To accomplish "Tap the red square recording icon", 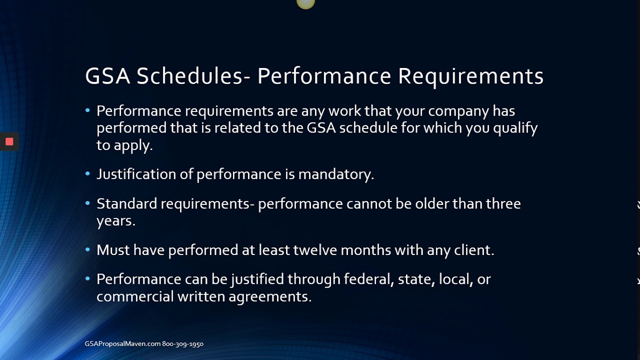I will [x=9, y=141].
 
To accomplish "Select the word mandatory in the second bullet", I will [x=336, y=174].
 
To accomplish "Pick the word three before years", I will [x=503, y=203].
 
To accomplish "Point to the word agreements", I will [x=270, y=296].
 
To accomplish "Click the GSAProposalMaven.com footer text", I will [x=122, y=344].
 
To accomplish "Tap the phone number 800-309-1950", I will [x=182, y=344].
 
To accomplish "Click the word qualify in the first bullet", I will [x=515, y=128].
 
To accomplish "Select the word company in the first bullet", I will [x=458, y=110].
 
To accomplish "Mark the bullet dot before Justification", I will [x=87, y=173].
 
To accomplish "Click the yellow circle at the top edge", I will [x=305, y=3].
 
